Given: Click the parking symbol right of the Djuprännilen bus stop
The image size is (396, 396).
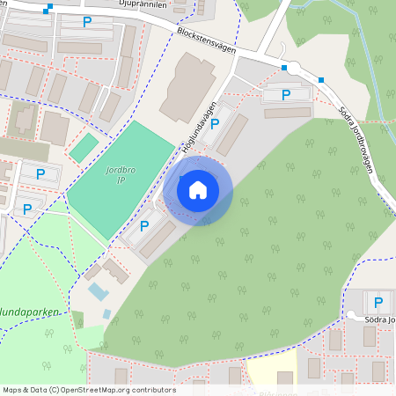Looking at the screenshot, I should coord(86,21).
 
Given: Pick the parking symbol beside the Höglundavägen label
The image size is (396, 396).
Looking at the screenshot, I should coord(215,126).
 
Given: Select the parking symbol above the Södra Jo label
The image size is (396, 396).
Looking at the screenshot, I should coord(378,302).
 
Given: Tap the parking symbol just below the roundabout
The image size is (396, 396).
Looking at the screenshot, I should coord(285,94).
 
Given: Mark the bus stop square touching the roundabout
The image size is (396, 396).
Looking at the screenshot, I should coord(284,67).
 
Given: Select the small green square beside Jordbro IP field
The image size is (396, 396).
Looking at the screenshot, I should coord(84,147).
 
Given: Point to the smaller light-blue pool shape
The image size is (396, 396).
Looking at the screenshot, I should coord(106,312).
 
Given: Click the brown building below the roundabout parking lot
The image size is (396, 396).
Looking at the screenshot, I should coord(287,113).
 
